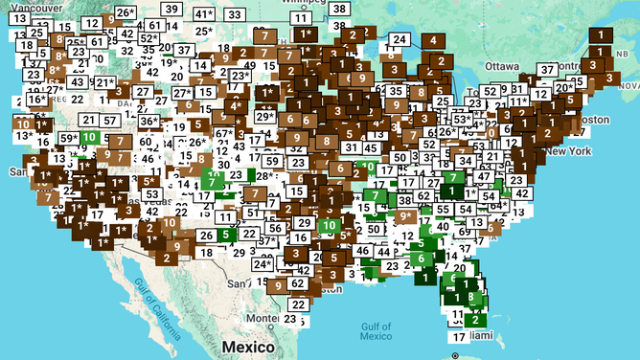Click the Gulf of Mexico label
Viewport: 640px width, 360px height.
tap(375, 331)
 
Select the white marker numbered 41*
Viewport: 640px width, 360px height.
tap(204, 14)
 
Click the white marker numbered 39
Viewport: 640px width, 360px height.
tap(171, 10)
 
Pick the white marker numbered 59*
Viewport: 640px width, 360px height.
tap(69, 138)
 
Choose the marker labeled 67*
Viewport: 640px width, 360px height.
tap(224, 133)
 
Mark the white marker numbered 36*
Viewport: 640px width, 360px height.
tap(149, 122)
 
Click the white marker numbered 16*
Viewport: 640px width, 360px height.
tap(36, 100)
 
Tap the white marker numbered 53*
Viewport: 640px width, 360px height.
tap(462, 120)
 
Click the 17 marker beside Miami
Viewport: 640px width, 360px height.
tap(459, 337)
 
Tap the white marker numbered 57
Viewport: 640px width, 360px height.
tap(111, 120)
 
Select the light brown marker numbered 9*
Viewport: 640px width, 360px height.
tap(405, 216)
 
